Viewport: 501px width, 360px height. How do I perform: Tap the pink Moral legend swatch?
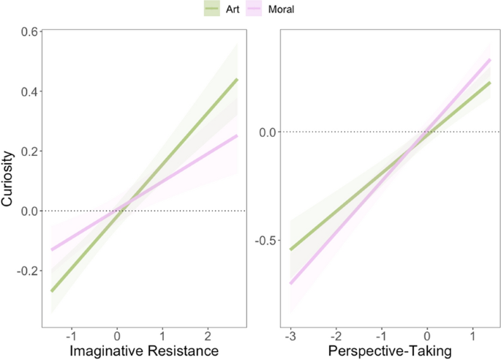click(x=256, y=10)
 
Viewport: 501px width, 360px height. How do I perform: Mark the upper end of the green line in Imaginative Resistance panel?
click(x=238, y=79)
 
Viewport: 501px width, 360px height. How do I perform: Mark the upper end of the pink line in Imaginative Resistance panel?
click(x=238, y=135)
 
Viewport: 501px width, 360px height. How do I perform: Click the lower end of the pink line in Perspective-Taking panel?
click(x=290, y=284)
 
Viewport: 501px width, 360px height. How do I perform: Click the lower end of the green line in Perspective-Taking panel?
click(x=290, y=250)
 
